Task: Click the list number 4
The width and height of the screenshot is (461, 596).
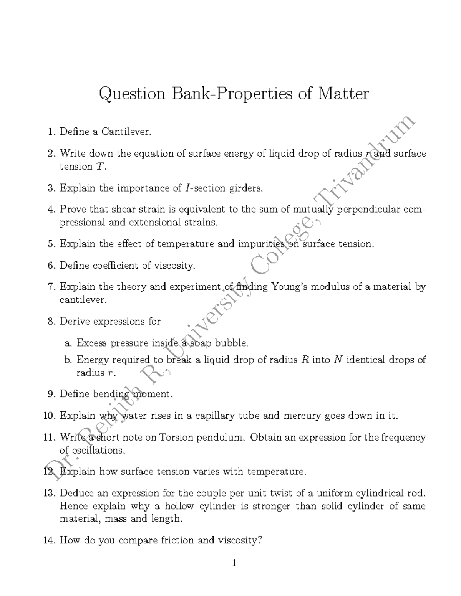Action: coord(51,210)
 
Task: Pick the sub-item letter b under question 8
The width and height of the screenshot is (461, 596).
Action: coord(68,360)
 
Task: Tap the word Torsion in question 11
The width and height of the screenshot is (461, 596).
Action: coord(176,438)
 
